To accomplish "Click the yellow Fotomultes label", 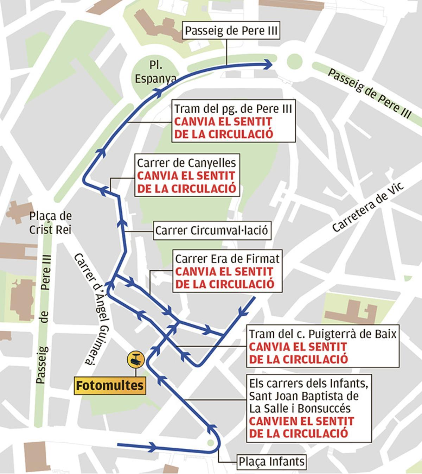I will [110, 386].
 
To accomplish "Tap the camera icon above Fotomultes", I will [136, 360].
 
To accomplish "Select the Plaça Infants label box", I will [271, 461].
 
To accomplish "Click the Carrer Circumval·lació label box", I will [212, 231].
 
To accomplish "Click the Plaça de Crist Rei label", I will [50, 223].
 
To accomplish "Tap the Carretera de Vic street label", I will [368, 208].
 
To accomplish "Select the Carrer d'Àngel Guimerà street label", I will [92, 310].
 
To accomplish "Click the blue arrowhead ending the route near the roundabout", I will [269, 64].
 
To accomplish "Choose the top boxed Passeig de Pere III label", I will [231, 31].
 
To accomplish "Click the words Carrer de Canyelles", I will [186, 163].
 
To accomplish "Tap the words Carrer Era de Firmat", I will [227, 259].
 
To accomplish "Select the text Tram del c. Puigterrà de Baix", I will [323, 334].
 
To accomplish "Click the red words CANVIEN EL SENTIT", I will [301, 421].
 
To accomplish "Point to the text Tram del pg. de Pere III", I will [233, 109].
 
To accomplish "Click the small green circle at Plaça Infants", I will [211, 443].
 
